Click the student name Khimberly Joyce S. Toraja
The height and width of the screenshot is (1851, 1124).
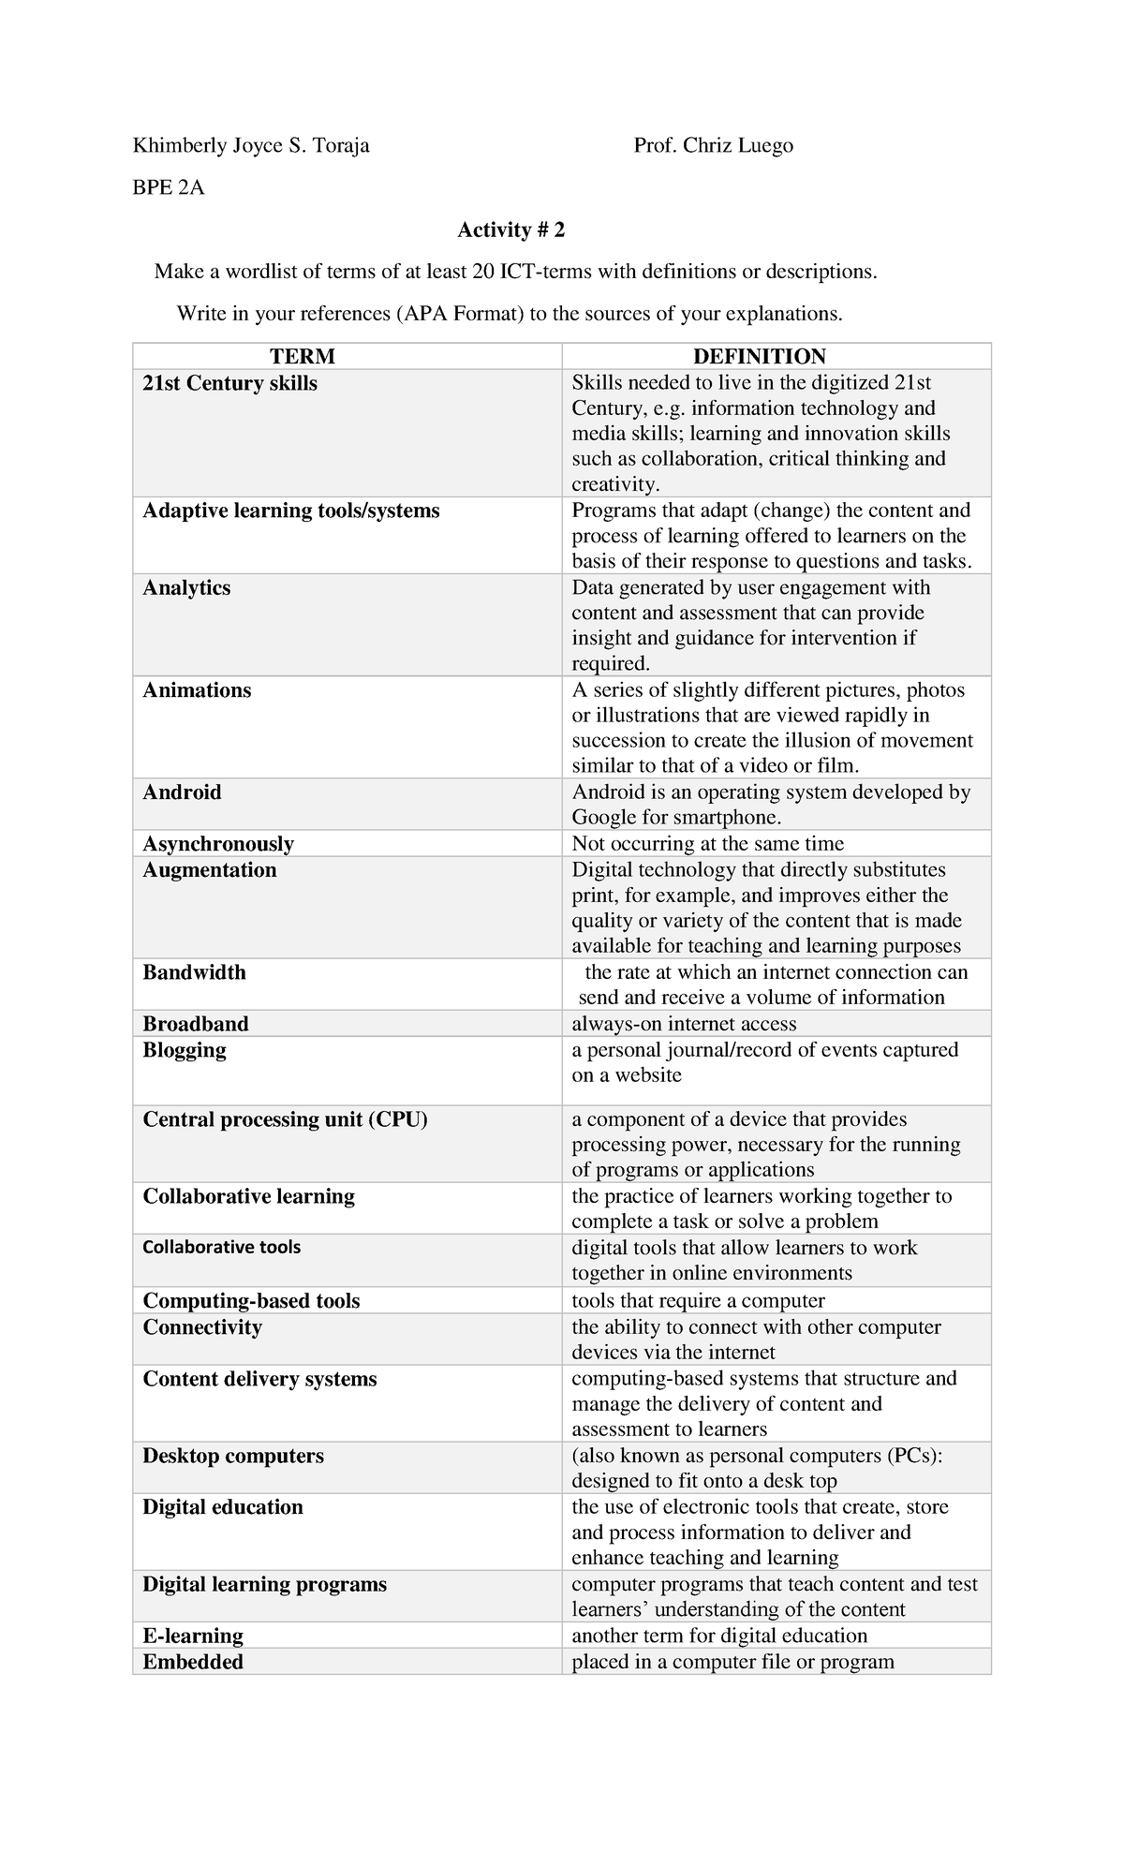[251, 145]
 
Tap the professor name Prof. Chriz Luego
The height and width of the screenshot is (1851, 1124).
[713, 145]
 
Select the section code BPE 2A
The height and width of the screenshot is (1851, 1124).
[169, 187]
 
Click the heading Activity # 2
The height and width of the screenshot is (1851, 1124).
[510, 230]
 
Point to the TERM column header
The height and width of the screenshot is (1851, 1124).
[302, 356]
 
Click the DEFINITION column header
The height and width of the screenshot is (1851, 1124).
[759, 356]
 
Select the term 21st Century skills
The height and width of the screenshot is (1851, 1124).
[229, 383]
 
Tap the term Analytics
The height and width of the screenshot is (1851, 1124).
[186, 587]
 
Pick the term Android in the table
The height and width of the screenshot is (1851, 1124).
[182, 792]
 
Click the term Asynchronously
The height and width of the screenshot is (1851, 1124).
[218, 843]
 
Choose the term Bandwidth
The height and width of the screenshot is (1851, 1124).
[194, 971]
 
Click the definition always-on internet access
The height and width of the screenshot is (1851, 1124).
[684, 1023]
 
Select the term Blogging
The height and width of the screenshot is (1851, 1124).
[185, 1049]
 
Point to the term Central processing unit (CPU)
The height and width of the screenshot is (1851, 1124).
[285, 1119]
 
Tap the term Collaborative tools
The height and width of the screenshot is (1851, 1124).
[222, 1247]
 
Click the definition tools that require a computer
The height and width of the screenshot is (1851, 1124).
[698, 1300]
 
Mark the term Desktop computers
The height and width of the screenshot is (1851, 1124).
[233, 1455]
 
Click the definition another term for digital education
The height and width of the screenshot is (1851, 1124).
[719, 1635]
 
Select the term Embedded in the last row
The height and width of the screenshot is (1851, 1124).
[193, 1661]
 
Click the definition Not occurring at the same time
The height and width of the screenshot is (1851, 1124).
[708, 843]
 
